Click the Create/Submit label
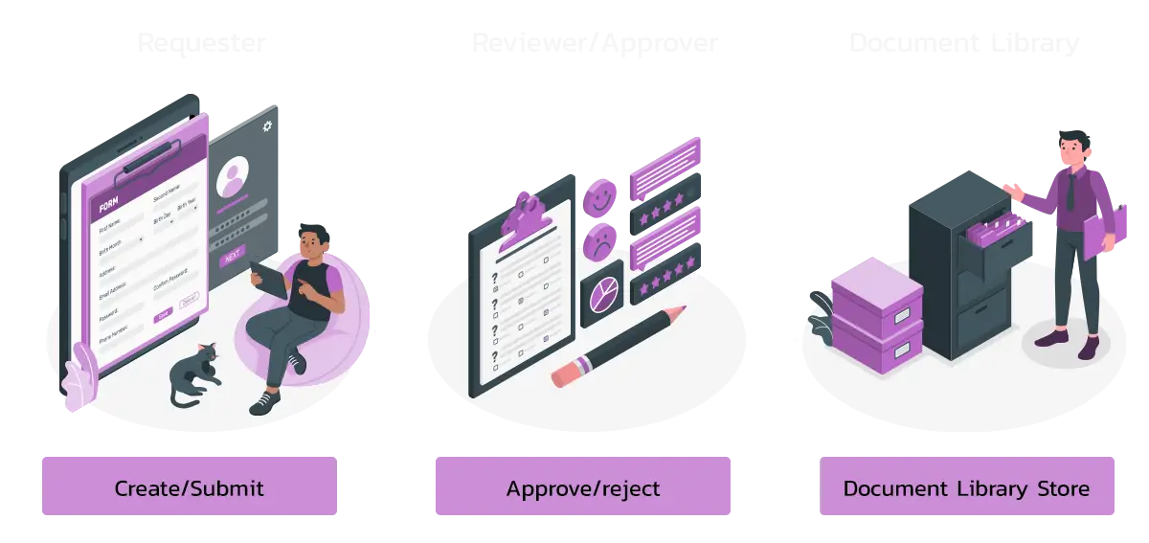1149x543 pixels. [x=189, y=488]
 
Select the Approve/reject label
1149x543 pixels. [x=582, y=488]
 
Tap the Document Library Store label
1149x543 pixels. [x=966, y=488]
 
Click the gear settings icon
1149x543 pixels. [x=266, y=125]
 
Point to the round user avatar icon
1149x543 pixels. [x=232, y=179]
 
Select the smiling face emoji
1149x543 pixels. [x=600, y=198]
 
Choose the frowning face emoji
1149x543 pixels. [x=600, y=240]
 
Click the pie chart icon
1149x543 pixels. [x=601, y=293]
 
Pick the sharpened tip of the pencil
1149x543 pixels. [x=681, y=309]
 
